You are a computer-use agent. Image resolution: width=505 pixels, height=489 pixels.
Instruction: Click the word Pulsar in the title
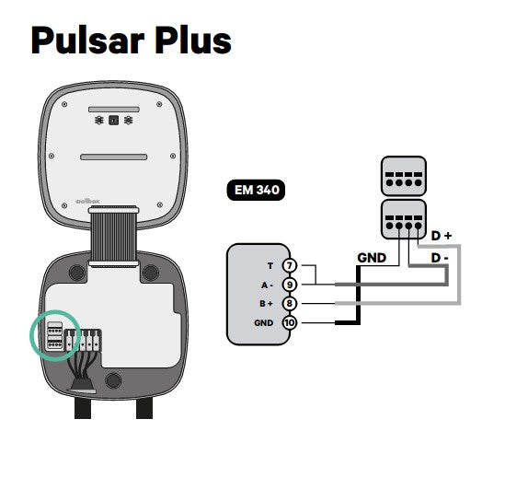click(87, 41)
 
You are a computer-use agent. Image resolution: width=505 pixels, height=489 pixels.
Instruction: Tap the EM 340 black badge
click(256, 190)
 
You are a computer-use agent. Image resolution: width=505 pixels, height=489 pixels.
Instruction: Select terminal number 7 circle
click(290, 265)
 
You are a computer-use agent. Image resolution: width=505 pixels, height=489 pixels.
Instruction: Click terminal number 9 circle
click(290, 285)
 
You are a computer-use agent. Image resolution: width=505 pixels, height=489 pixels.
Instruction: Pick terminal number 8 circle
click(290, 303)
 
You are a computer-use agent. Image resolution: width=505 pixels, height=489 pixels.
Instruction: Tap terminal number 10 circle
click(290, 322)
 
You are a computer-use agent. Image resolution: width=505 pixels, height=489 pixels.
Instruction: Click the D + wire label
click(442, 236)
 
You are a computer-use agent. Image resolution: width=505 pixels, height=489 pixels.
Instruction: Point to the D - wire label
click(440, 258)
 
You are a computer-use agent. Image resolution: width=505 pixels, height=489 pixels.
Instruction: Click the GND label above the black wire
click(372, 258)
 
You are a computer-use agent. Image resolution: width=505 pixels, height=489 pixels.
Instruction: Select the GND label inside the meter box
click(263, 322)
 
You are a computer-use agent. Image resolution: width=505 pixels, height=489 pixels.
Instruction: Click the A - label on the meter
click(267, 285)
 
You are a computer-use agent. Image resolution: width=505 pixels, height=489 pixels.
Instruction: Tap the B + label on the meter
click(267, 304)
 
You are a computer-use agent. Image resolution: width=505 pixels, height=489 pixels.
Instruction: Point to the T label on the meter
click(270, 266)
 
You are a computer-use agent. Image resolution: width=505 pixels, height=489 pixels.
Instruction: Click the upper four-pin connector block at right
click(404, 176)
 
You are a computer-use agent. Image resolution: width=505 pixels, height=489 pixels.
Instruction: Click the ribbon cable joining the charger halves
click(113, 237)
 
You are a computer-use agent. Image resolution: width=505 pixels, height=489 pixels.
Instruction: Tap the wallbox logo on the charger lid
click(87, 201)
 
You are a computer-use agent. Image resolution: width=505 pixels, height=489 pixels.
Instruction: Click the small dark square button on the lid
click(113, 121)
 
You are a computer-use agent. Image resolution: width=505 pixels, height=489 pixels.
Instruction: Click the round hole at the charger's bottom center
click(113, 380)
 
